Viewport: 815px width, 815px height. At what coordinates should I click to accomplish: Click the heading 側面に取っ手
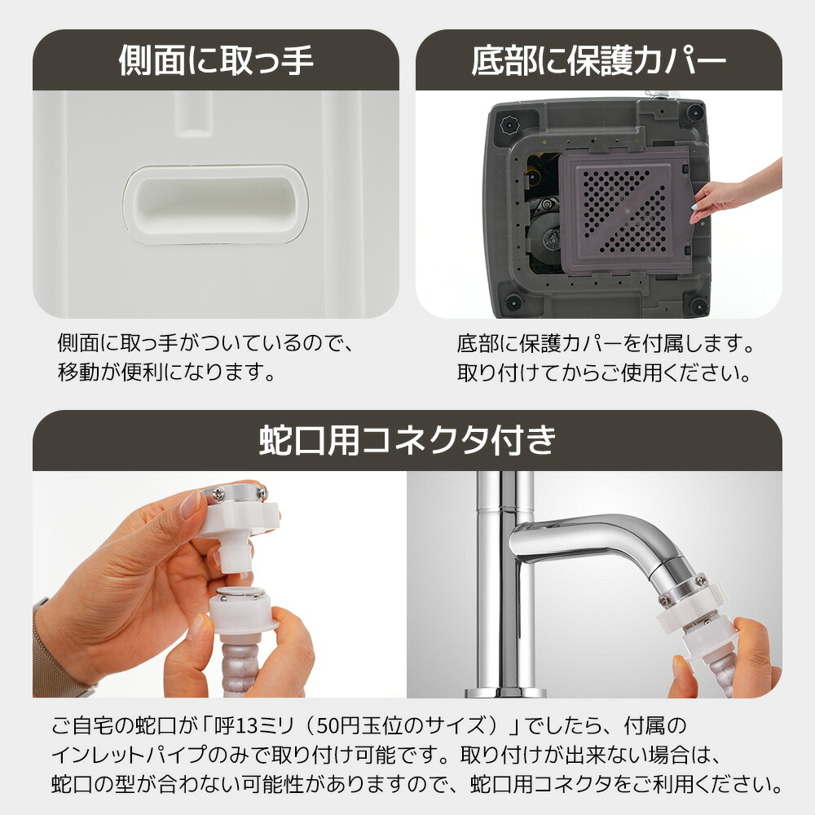[216, 60]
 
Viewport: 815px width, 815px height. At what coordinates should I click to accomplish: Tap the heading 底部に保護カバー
[598, 60]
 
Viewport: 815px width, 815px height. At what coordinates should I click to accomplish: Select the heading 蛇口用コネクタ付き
[407, 440]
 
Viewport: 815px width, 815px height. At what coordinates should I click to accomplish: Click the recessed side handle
[216, 205]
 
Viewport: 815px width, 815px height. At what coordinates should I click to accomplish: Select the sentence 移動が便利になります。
[166, 372]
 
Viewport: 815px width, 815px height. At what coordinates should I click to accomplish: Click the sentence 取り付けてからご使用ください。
[603, 372]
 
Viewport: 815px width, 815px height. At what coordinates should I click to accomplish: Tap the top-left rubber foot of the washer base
[509, 126]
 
